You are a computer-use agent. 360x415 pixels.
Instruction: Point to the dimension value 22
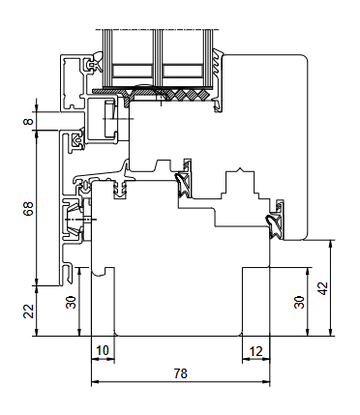tap(27, 311)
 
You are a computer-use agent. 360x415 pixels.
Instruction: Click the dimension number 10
tap(101, 349)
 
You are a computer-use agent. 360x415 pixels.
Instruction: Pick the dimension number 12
tap(255, 349)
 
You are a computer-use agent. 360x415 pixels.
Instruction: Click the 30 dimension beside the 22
tap(70, 302)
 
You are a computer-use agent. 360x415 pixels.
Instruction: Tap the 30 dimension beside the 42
tap(298, 302)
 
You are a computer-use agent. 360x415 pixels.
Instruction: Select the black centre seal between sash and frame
tap(182, 184)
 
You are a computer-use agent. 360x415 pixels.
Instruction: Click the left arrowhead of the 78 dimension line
tap(93, 382)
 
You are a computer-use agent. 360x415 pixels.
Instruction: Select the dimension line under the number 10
tap(101, 358)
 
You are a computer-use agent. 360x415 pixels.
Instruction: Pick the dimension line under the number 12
tap(255, 358)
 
